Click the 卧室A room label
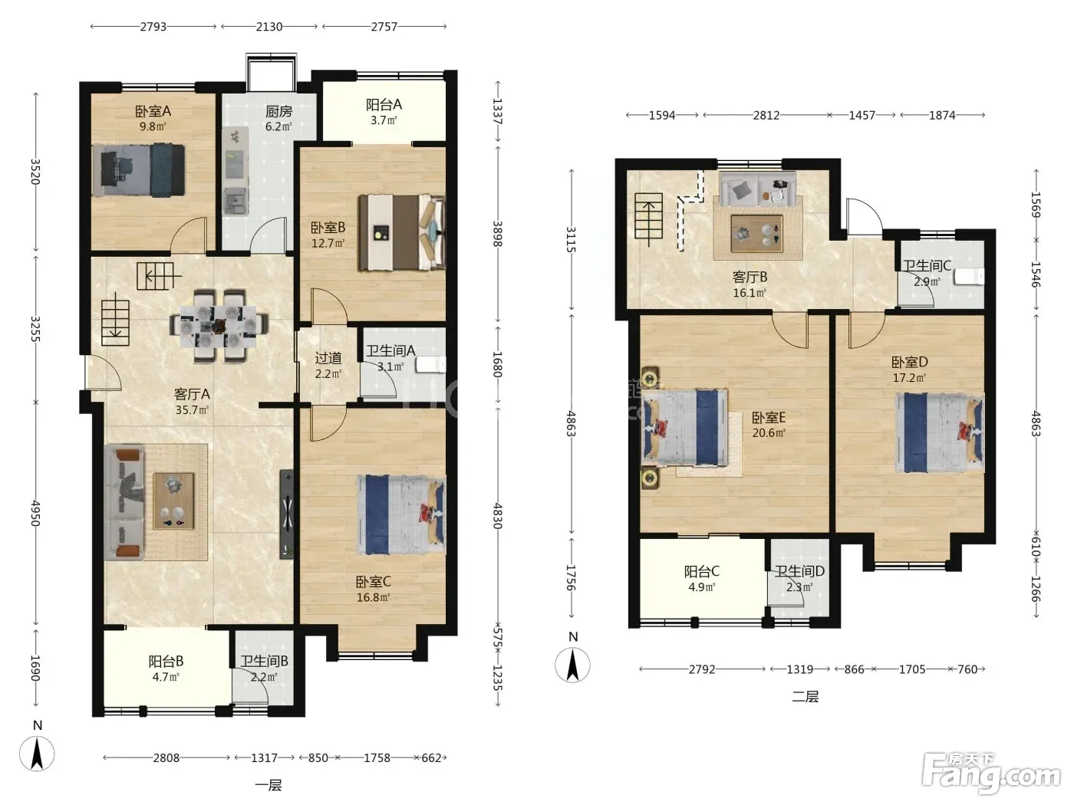click(153, 111)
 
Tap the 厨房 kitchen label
click(278, 111)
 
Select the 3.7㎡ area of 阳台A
click(384, 120)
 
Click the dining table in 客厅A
click(218, 326)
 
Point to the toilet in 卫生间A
click(430, 365)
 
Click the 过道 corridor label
click(328, 358)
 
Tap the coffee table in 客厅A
click(173, 501)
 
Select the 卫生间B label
click(264, 662)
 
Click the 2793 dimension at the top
click(153, 27)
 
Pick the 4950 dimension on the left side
click(35, 513)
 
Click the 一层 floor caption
click(268, 785)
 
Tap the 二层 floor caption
click(805, 696)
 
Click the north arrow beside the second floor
click(572, 665)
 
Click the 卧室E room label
click(769, 417)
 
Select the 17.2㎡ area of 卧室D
click(910, 378)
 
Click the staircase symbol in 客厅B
click(649, 215)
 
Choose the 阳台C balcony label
click(702, 571)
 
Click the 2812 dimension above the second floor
click(766, 115)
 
